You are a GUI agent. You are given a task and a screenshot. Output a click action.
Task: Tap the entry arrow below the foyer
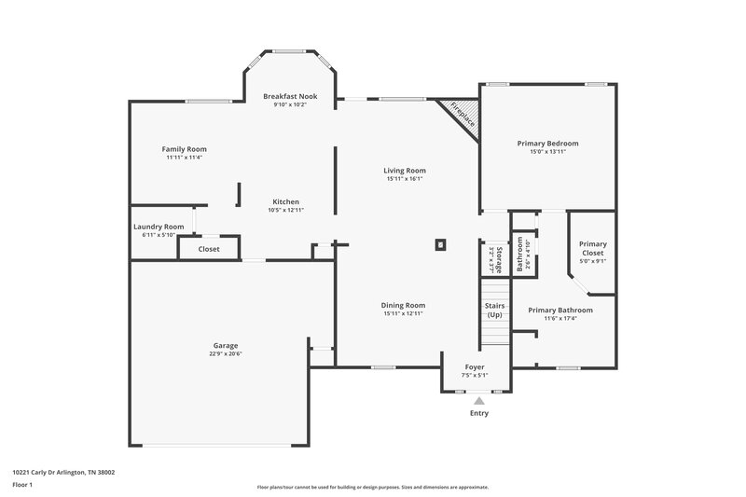coord(479,401)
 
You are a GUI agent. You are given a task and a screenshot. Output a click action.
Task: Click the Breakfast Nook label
coord(289,96)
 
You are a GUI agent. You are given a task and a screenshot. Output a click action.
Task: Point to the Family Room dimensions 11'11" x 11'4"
coord(184,158)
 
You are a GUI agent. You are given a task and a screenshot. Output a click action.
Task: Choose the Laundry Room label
coord(159,227)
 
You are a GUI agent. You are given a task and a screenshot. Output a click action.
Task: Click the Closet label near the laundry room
coord(209,249)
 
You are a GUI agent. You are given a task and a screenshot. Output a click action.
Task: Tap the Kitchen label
coord(285,202)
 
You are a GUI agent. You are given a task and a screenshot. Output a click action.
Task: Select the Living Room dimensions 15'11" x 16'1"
coord(404,179)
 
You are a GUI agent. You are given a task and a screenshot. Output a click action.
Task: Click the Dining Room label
coord(404,305)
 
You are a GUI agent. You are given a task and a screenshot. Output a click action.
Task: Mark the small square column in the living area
coord(440,245)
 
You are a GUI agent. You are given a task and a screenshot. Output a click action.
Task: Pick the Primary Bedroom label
coord(547,143)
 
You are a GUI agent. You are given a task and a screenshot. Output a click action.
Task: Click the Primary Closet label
coord(592,248)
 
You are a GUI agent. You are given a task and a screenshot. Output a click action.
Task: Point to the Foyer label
coord(476,367)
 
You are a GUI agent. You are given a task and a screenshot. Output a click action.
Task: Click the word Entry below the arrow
coord(478,413)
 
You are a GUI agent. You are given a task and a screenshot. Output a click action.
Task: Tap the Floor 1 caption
coord(22,486)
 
